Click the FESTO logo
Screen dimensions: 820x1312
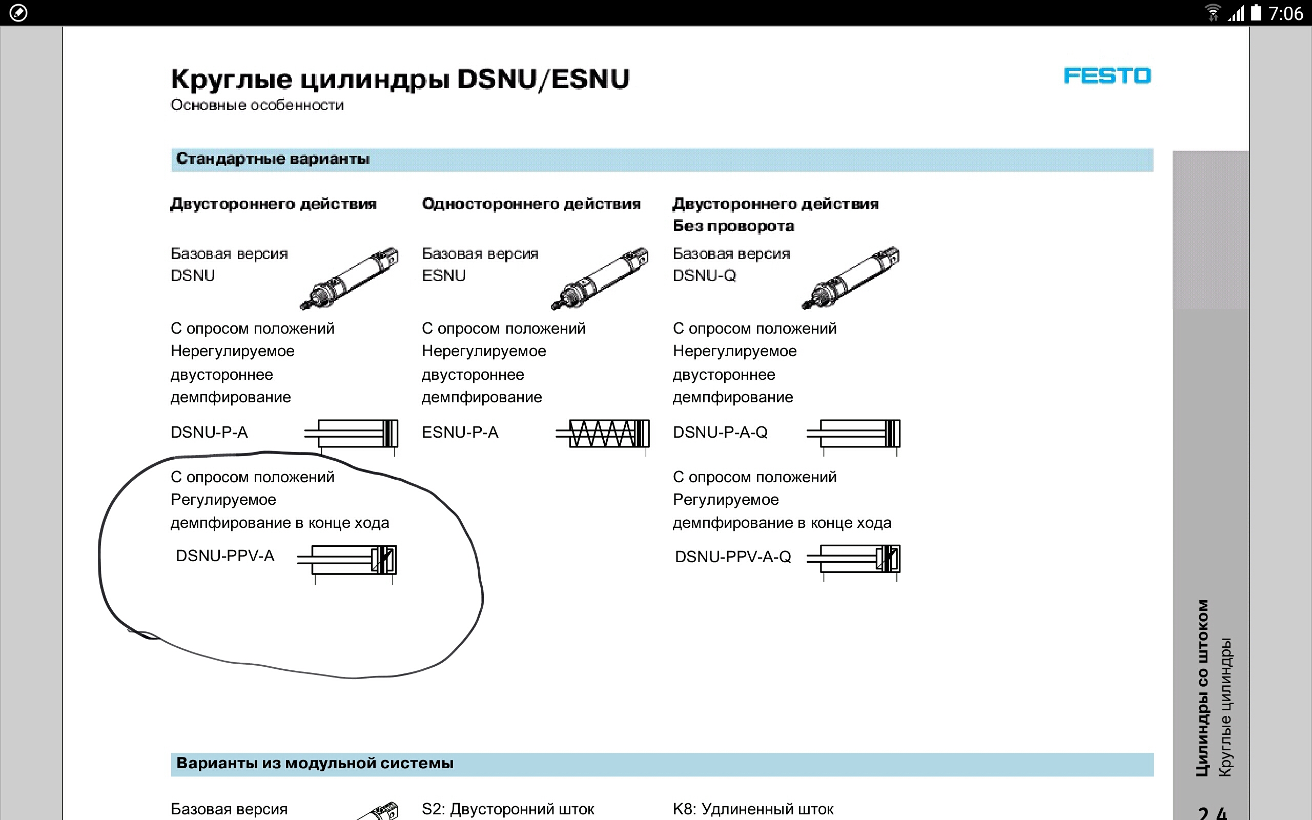tap(1106, 76)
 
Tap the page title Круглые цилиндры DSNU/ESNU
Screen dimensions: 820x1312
tap(400, 79)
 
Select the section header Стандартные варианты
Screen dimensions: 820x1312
tap(273, 159)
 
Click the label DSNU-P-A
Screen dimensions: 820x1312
tap(209, 432)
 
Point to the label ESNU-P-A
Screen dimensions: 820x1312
tap(460, 432)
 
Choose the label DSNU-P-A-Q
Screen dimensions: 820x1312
tap(720, 432)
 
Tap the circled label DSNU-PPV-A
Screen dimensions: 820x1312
tap(225, 556)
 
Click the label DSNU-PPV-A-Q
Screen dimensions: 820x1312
tap(732, 557)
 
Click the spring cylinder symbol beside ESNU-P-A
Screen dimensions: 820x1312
tap(603, 434)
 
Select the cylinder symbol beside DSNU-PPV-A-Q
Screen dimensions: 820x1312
tap(854, 559)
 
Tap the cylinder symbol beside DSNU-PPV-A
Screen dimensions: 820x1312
tap(347, 560)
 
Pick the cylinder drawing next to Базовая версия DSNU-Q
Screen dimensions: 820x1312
tap(851, 278)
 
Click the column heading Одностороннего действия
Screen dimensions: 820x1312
tap(531, 204)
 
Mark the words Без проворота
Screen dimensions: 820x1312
tap(733, 226)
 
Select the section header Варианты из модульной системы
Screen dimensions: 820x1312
tap(315, 763)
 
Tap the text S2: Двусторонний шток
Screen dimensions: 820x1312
tap(508, 809)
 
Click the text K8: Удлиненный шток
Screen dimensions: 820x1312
tap(753, 809)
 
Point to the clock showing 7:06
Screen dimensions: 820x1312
tap(1285, 13)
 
